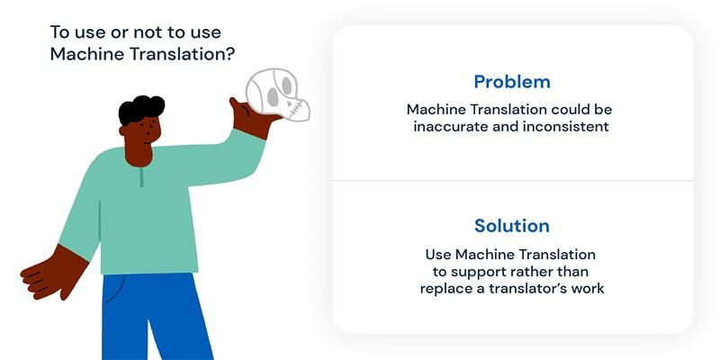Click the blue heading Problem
pyautogui.click(x=512, y=82)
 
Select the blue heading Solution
pyautogui.click(x=512, y=226)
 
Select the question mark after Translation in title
pyautogui.click(x=230, y=54)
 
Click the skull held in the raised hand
pyautogui.click(x=277, y=95)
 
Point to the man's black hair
pyautogui.click(x=141, y=109)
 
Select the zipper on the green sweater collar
pyautogui.click(x=142, y=177)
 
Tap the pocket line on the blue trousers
pyautogui.click(x=115, y=289)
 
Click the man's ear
pyautogui.click(x=122, y=130)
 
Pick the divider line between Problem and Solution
pyautogui.click(x=512, y=181)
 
